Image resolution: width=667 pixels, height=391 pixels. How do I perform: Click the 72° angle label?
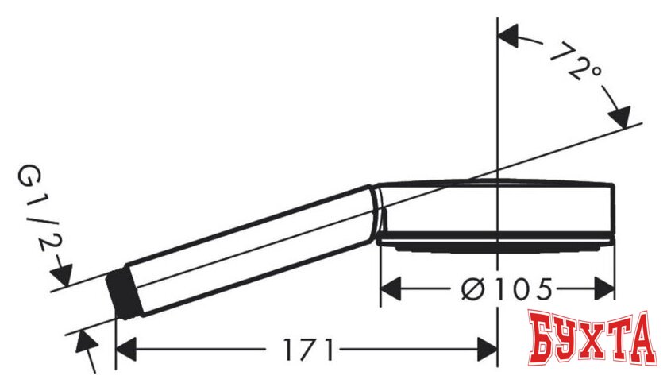[x=576, y=65]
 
